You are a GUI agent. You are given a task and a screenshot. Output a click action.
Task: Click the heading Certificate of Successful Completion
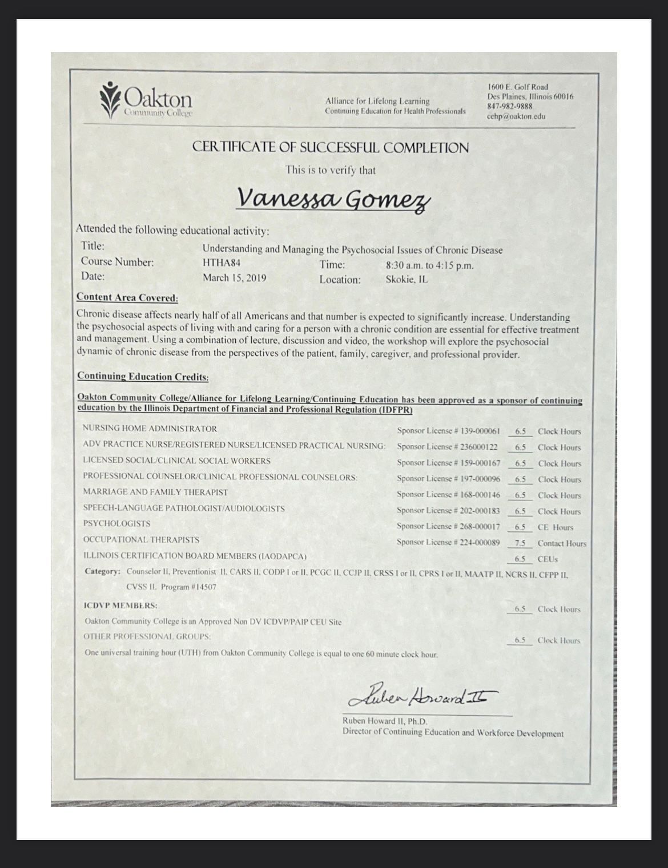pyautogui.click(x=330, y=147)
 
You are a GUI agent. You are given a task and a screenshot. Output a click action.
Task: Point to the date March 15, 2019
pyautogui.click(x=234, y=278)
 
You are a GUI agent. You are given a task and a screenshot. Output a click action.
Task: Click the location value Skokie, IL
pyautogui.click(x=407, y=280)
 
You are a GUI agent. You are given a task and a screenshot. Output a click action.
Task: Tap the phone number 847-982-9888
pyautogui.click(x=509, y=106)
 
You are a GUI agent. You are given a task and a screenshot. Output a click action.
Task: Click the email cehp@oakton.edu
pyautogui.click(x=516, y=116)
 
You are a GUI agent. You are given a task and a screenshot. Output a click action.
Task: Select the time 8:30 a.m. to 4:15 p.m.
pyautogui.click(x=429, y=265)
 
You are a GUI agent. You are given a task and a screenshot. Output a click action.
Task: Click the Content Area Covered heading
pyautogui.click(x=127, y=297)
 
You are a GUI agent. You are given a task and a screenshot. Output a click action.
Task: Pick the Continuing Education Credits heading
pyautogui.click(x=143, y=376)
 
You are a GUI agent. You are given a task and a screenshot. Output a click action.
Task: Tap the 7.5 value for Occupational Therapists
pyautogui.click(x=520, y=543)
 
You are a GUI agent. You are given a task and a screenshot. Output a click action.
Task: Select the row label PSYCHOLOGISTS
pyautogui.click(x=116, y=523)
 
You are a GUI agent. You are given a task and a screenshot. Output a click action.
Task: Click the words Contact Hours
pyautogui.click(x=561, y=543)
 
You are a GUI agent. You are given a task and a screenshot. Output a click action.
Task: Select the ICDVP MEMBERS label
pyautogui.click(x=121, y=605)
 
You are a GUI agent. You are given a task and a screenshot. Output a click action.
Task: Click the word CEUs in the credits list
pyautogui.click(x=547, y=559)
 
